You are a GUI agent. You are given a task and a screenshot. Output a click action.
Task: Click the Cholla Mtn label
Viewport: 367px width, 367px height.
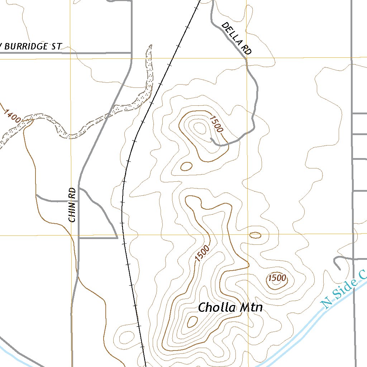coord(230,308)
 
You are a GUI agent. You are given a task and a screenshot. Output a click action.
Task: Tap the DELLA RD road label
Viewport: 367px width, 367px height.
coord(236,38)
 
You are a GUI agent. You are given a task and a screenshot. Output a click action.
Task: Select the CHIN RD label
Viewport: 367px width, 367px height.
coord(73,205)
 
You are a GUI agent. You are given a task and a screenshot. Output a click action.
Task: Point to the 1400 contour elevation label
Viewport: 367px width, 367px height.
coord(12,116)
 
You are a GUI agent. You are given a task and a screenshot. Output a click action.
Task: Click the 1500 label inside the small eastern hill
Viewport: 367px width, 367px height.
coord(277,278)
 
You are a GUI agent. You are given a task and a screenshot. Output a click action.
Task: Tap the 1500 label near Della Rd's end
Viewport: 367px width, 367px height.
coord(216,124)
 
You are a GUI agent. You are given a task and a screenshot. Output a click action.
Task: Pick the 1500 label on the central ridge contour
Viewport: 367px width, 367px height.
coord(202,253)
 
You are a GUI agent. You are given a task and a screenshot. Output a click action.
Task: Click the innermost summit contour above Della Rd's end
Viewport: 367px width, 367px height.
coord(199,128)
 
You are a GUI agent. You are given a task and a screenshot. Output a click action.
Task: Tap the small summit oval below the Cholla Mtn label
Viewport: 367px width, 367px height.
coord(192,321)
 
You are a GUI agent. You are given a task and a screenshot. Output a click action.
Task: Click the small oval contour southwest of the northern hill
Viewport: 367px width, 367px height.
coord(186,166)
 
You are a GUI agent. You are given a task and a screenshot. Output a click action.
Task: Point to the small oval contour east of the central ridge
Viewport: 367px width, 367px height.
coord(255,235)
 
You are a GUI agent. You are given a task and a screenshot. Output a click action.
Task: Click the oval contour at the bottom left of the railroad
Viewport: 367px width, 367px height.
coord(126,337)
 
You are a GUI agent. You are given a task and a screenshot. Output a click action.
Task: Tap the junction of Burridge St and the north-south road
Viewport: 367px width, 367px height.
coord(131,53)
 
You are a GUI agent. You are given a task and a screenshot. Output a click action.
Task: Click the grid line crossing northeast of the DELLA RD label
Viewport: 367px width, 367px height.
coord(247,57)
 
